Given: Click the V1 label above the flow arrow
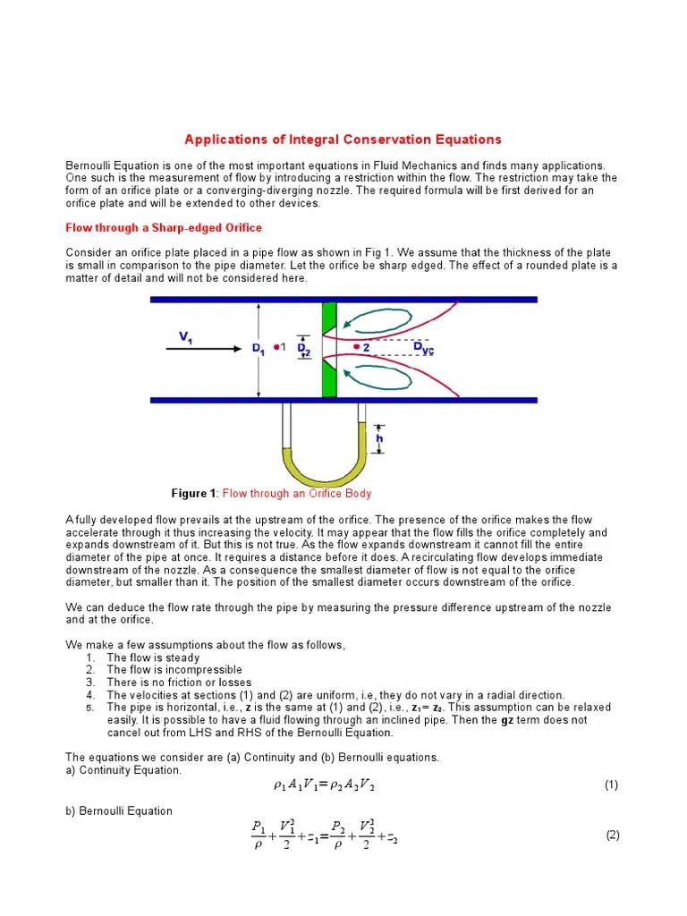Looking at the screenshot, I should pyautogui.click(x=186, y=336).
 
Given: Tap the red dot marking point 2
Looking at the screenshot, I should pyautogui.click(x=356, y=346).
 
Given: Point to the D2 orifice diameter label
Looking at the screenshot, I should pyautogui.click(x=304, y=348).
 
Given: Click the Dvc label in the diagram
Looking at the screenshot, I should pyautogui.click(x=422, y=348).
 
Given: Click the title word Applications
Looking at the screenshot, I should pyautogui.click(x=222, y=140).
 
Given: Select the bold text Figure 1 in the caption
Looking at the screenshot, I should pyautogui.click(x=193, y=494).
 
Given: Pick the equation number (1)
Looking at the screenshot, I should pyautogui.click(x=611, y=785).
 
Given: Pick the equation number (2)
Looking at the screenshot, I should pyautogui.click(x=612, y=835).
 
